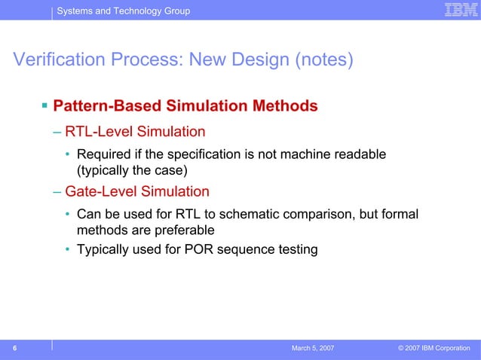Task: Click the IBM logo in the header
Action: pos(457,10)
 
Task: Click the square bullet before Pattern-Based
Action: pos(44,105)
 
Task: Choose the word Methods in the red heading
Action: pos(284,106)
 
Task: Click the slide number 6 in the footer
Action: pos(14,348)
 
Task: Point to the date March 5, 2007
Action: pos(313,349)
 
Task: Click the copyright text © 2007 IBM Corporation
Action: pos(434,349)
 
